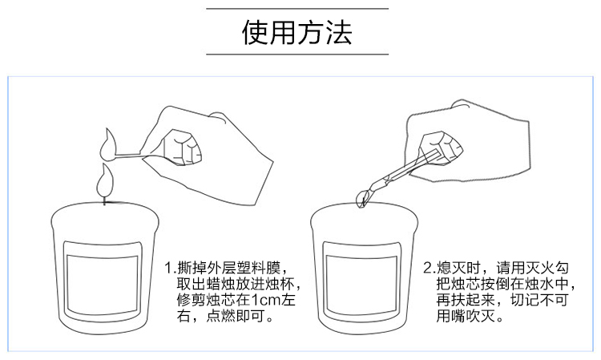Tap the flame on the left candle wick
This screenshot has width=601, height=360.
[x=103, y=181]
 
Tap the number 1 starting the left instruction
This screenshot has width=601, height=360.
[x=170, y=267]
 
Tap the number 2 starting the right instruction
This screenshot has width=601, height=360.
[x=429, y=267]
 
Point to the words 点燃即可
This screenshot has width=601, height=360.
[x=240, y=318]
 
